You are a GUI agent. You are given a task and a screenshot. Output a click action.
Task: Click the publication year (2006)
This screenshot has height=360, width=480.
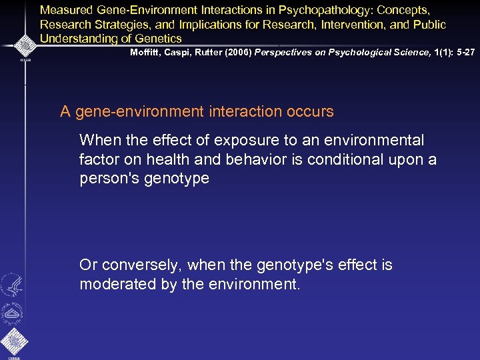pos(243,52)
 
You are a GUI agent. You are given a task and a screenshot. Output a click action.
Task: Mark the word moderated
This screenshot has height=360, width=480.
pos(111,285)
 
